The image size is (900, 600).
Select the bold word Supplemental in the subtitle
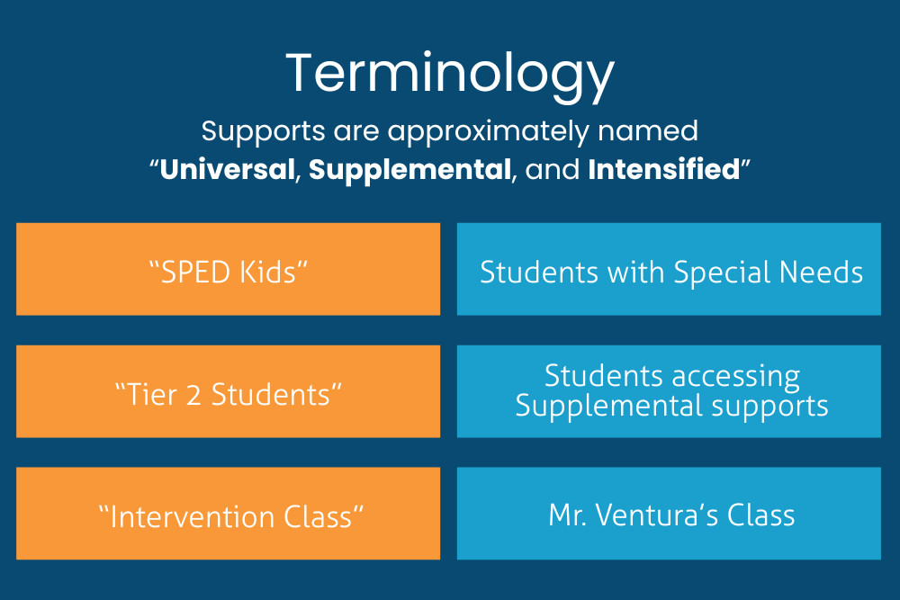409,169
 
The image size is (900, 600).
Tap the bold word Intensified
663,169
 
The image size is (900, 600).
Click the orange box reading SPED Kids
228,270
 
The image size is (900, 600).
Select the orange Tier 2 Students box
228,392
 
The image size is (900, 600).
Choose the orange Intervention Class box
228,514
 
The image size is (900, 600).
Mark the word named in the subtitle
656,131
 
